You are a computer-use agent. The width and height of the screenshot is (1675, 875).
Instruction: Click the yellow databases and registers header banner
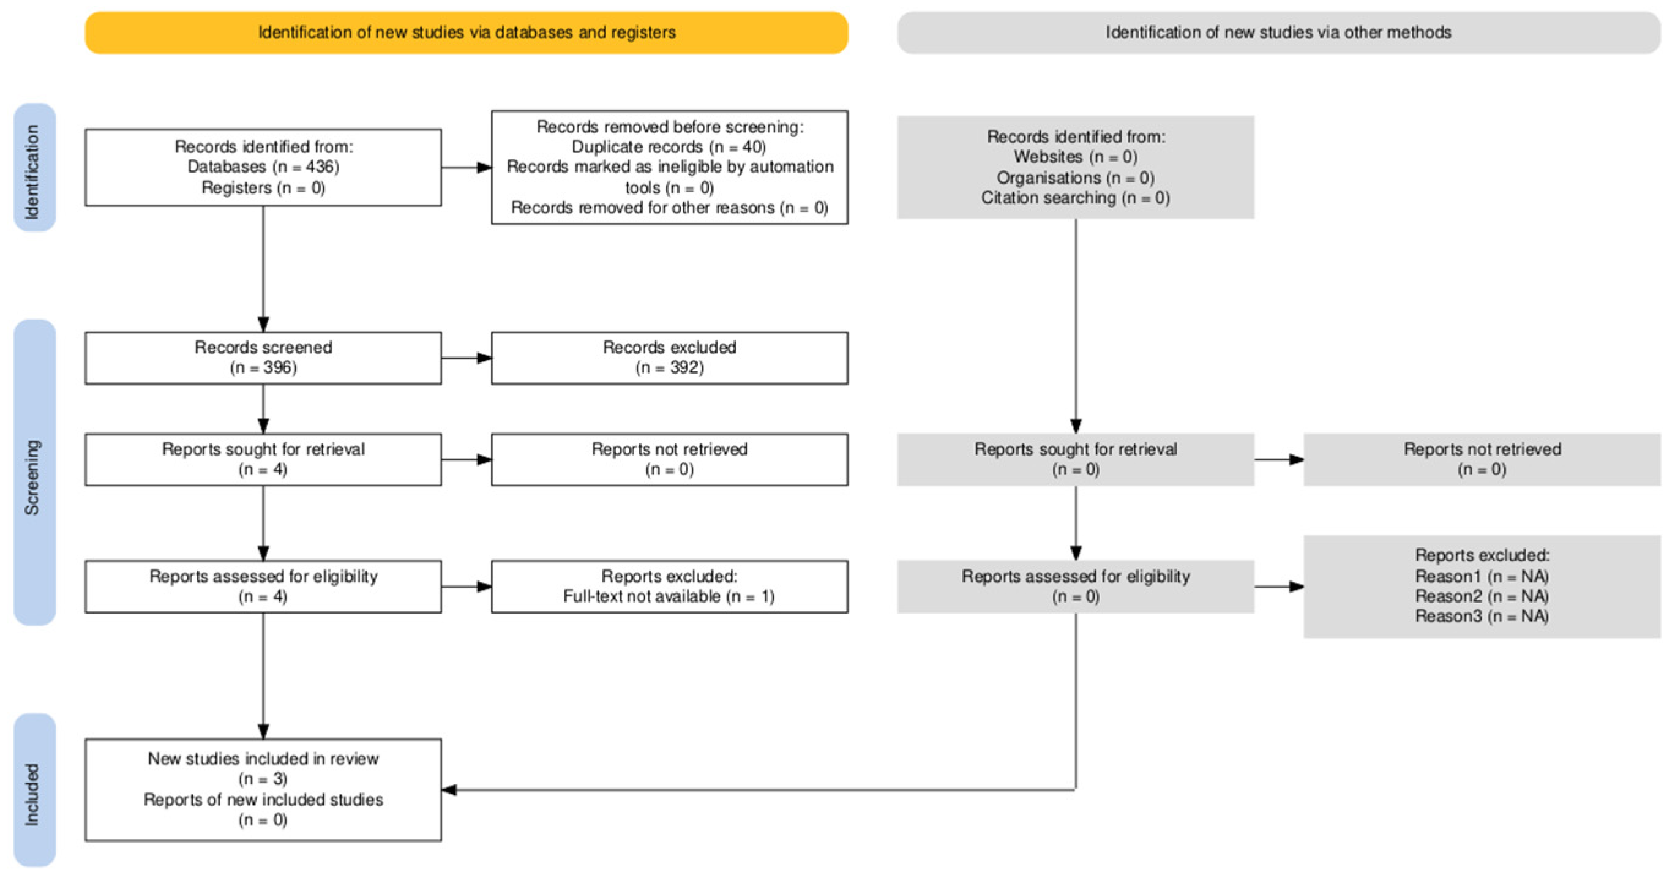click(x=467, y=32)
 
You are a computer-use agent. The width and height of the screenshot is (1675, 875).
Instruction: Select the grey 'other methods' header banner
click(x=1278, y=32)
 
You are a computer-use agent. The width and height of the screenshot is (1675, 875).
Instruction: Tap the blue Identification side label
click(x=34, y=168)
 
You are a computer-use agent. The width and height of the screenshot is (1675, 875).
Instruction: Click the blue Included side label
click(x=34, y=789)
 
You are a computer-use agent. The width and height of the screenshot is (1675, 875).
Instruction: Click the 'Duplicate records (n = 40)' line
click(x=669, y=147)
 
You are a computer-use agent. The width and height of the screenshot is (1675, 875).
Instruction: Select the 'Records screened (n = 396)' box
click(x=263, y=357)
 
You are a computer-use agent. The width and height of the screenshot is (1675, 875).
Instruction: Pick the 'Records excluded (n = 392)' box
click(x=669, y=357)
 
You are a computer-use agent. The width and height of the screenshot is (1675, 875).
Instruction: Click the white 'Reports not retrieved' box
click(x=669, y=459)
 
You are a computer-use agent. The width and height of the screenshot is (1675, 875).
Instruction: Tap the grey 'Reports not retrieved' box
click(x=1482, y=459)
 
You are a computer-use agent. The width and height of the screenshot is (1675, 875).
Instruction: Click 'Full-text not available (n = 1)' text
click(x=669, y=596)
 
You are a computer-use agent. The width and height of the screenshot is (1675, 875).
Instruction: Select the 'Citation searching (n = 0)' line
click(x=1076, y=198)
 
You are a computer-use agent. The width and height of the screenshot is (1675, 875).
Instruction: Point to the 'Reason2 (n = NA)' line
click(x=1482, y=596)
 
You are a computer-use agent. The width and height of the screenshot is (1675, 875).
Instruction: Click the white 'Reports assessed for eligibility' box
click(x=263, y=586)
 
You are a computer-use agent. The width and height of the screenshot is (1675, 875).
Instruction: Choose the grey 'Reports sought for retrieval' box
click(x=1076, y=459)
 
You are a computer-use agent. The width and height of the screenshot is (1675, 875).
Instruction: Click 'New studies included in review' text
click(x=263, y=759)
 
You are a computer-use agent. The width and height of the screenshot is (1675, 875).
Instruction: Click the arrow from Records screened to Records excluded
click(x=467, y=358)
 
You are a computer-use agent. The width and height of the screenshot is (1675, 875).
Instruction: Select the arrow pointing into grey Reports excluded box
click(x=1280, y=587)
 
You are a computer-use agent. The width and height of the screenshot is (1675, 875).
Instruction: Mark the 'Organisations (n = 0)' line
click(x=1076, y=178)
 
